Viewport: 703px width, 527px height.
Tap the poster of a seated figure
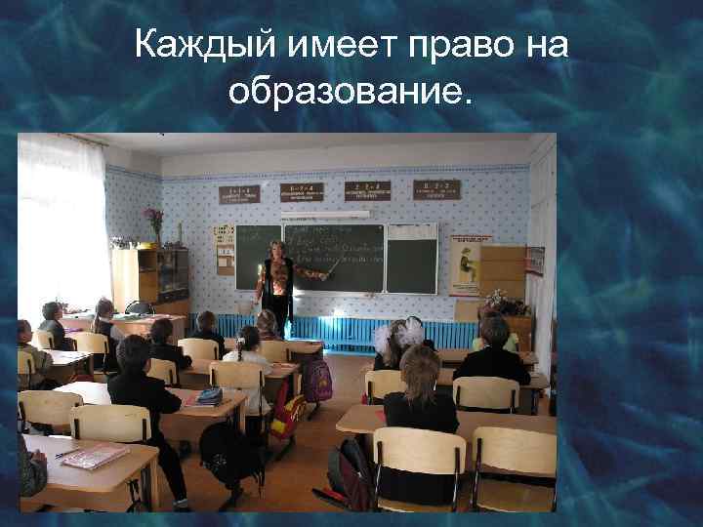470,263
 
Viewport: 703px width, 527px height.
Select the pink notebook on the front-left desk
96,456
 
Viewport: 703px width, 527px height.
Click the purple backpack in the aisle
315,380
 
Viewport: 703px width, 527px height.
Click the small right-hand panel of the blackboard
411,259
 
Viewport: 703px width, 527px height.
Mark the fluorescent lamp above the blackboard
325,214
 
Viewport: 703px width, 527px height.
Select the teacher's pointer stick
316,274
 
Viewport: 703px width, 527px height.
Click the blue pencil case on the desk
210,395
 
